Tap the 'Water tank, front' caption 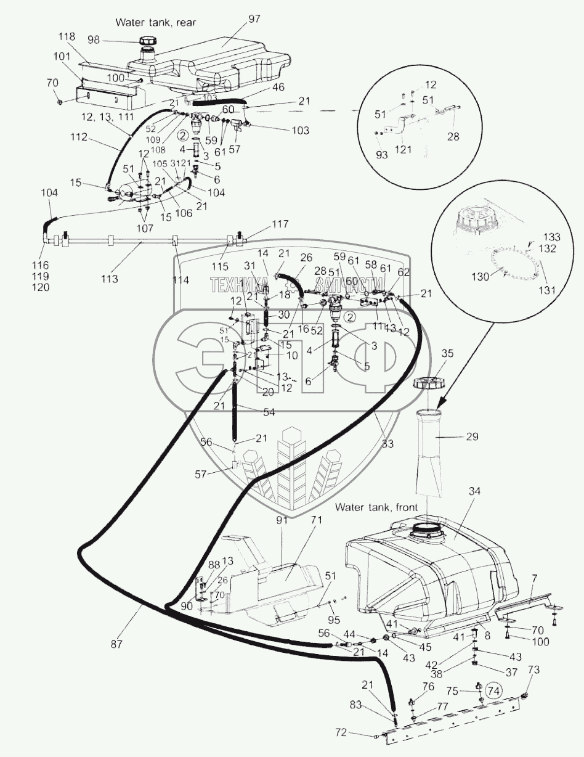376,507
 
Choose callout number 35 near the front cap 448,353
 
